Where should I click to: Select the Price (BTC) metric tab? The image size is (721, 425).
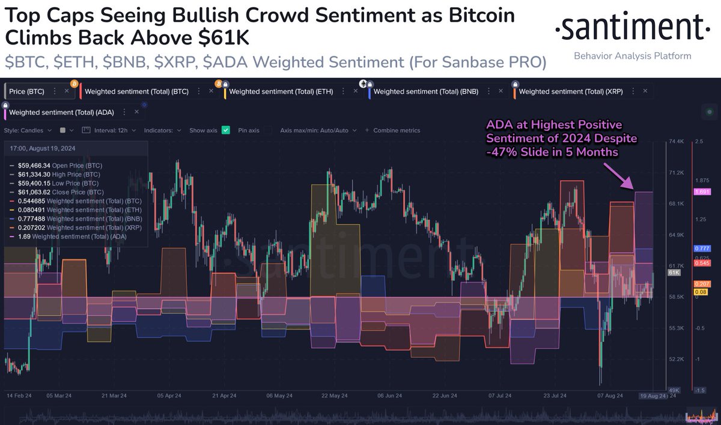tap(28, 91)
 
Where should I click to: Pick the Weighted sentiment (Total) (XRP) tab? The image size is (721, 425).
tap(571, 92)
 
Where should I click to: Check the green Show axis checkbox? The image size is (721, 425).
tap(226, 130)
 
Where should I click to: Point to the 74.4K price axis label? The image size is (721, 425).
tap(677, 142)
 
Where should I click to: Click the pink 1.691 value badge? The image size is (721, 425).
tap(702, 192)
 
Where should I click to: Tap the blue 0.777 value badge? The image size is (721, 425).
tap(702, 248)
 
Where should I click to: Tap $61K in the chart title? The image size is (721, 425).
tap(225, 38)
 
